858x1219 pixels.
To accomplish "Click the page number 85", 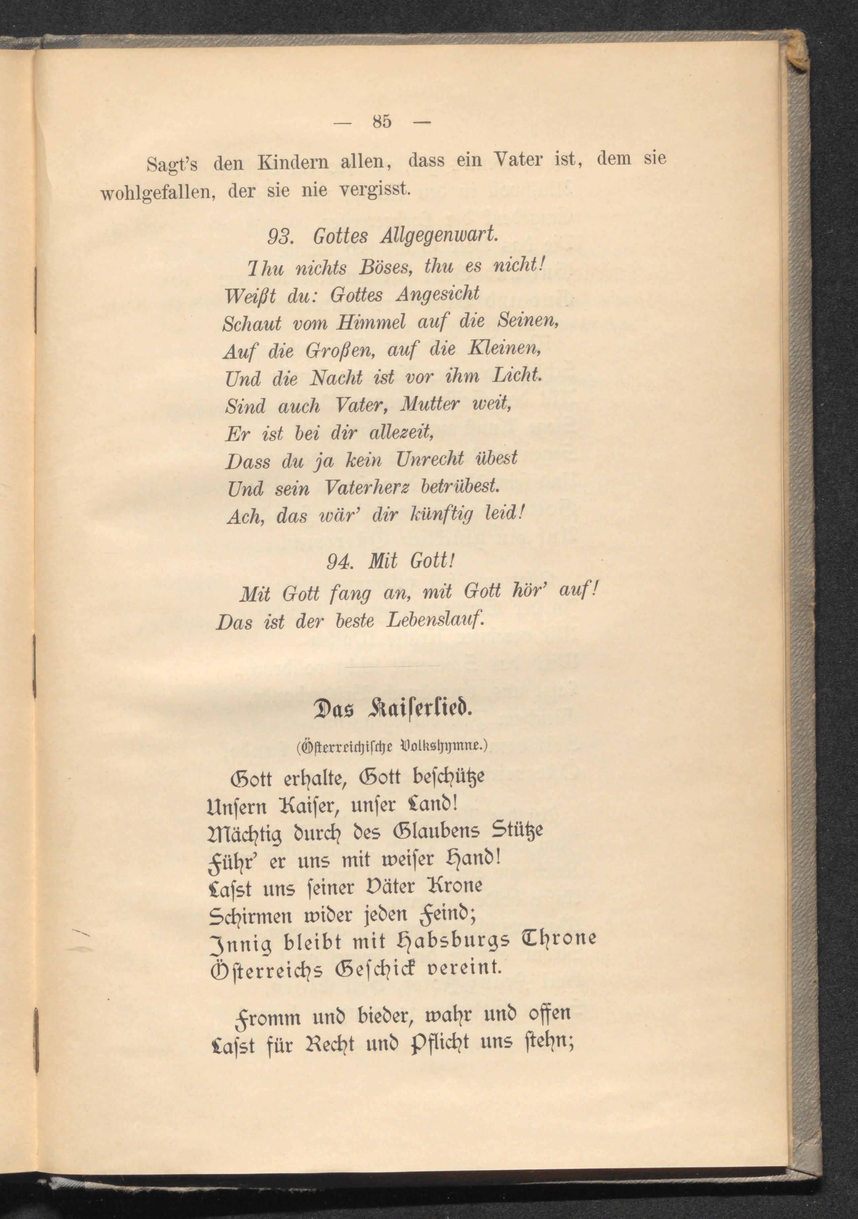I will click(382, 122).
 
